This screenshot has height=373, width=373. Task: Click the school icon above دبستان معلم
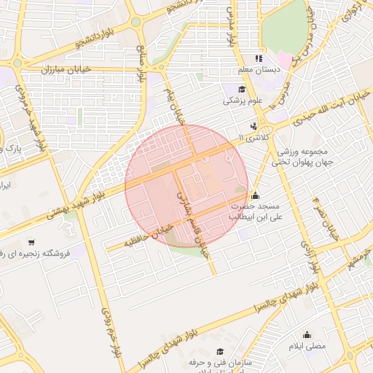(257, 58)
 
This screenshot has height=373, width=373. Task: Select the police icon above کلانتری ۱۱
(254, 126)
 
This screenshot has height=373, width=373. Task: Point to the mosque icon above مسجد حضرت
(255, 195)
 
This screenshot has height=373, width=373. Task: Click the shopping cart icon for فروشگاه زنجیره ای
(31, 242)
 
